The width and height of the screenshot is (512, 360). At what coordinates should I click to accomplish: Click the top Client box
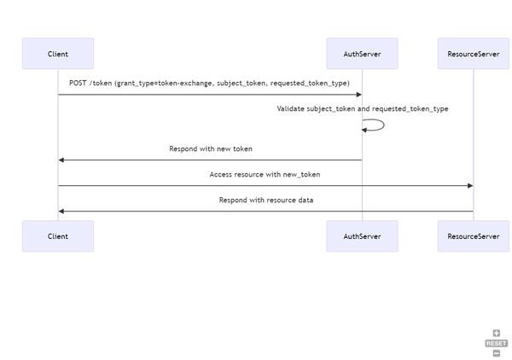(58, 54)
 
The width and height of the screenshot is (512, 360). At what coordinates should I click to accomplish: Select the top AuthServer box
(362, 54)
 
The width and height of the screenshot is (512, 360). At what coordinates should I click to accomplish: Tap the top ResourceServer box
(473, 54)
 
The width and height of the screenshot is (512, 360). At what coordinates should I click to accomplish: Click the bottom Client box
(58, 236)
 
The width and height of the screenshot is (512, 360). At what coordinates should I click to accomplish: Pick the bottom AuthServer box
(362, 236)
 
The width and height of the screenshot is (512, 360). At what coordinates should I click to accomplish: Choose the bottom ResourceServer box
(473, 236)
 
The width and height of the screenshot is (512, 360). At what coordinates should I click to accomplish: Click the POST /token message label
(209, 83)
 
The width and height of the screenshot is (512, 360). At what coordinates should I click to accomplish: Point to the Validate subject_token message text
(362, 108)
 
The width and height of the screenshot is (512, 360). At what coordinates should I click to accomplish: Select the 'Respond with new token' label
(210, 148)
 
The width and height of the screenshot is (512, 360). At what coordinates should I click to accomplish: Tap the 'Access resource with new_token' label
(265, 174)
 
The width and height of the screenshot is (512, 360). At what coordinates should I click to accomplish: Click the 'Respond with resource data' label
(265, 200)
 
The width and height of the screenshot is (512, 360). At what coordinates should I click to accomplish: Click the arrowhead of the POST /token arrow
(358, 95)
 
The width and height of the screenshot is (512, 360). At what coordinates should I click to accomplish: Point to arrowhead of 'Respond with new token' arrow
(61, 160)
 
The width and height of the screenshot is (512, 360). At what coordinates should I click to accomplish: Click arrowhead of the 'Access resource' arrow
(469, 185)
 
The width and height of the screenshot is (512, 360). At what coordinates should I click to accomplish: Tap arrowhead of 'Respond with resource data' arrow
(61, 211)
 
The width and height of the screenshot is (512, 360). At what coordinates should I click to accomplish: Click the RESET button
(496, 343)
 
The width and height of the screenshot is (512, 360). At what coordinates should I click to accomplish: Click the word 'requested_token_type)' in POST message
(310, 83)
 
